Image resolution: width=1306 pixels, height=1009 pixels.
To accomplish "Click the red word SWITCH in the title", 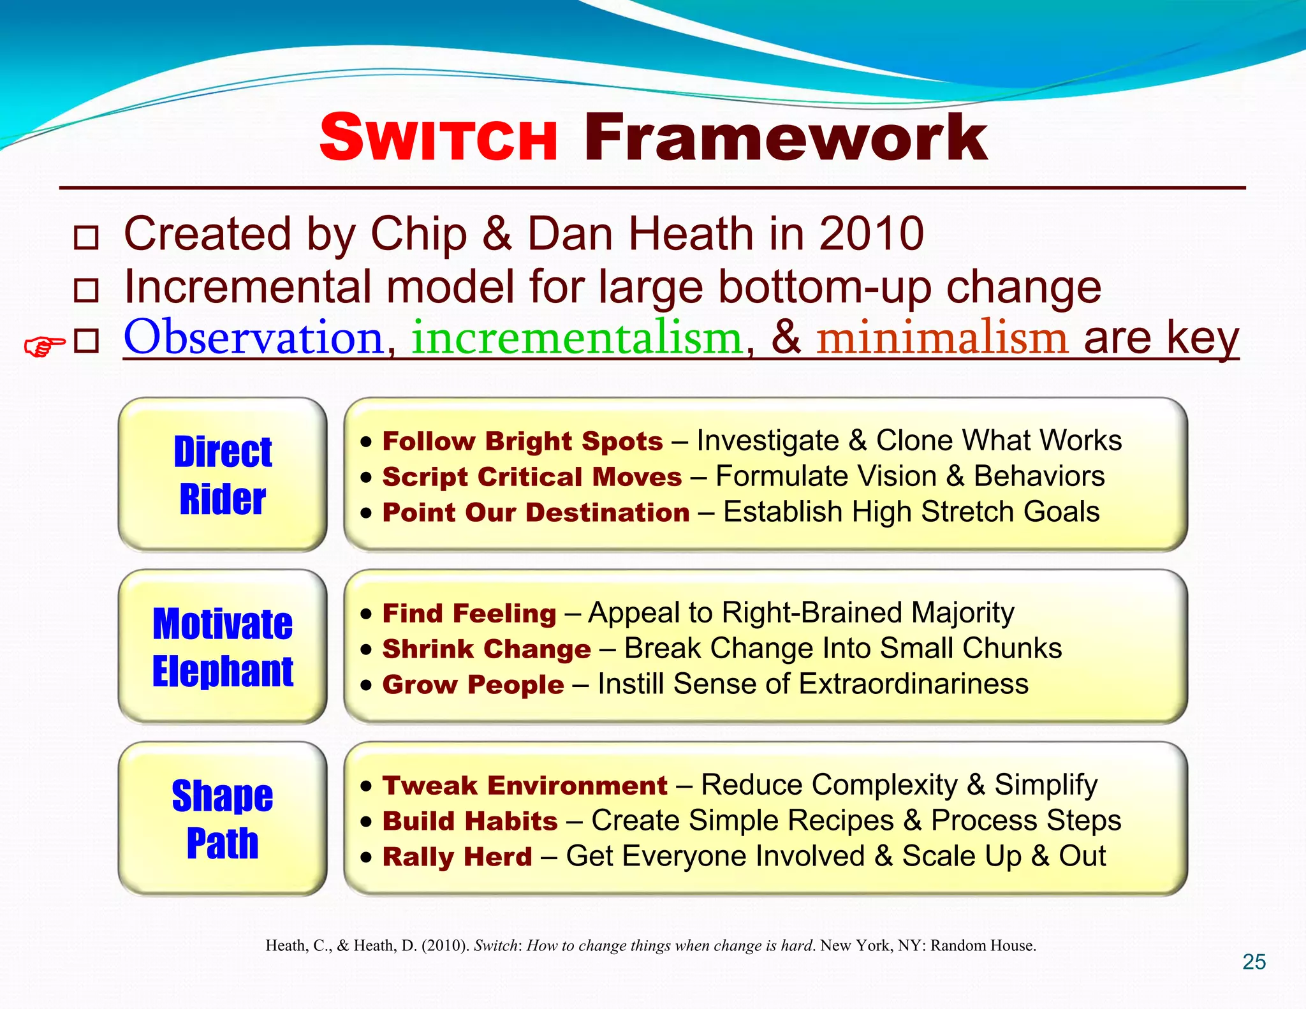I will coord(439,138).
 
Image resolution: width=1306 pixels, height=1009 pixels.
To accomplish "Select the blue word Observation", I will coord(253,337).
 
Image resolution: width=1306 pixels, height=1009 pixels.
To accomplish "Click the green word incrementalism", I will coord(577,337).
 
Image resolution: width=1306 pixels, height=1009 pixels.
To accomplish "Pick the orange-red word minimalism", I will coord(942,337).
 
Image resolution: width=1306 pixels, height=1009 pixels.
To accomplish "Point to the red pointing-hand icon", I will coord(44,346).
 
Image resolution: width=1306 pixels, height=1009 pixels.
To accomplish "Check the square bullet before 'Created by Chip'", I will coord(86,238).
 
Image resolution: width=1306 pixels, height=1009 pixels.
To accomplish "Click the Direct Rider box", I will coord(223,475).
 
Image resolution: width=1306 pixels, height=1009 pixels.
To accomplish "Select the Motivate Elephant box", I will coord(223,647).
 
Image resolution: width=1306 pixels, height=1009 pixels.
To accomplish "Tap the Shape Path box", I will coord(223,819).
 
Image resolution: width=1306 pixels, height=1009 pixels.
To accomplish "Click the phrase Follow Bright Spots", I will coord(522,441).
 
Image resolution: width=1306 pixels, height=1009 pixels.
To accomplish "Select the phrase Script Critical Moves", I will coord(532,477).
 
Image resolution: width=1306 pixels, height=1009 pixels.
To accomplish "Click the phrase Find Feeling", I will coord(469,614).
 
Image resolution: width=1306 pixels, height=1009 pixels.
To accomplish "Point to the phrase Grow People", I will coord(473,685).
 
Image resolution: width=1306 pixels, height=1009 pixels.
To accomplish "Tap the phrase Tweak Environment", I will coord(524,786).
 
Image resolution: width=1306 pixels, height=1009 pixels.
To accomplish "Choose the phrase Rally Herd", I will coord(457,857).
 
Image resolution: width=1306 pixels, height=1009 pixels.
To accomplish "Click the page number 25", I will coord(1254,962).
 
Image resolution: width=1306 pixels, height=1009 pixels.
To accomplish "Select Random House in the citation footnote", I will coord(982,946).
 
